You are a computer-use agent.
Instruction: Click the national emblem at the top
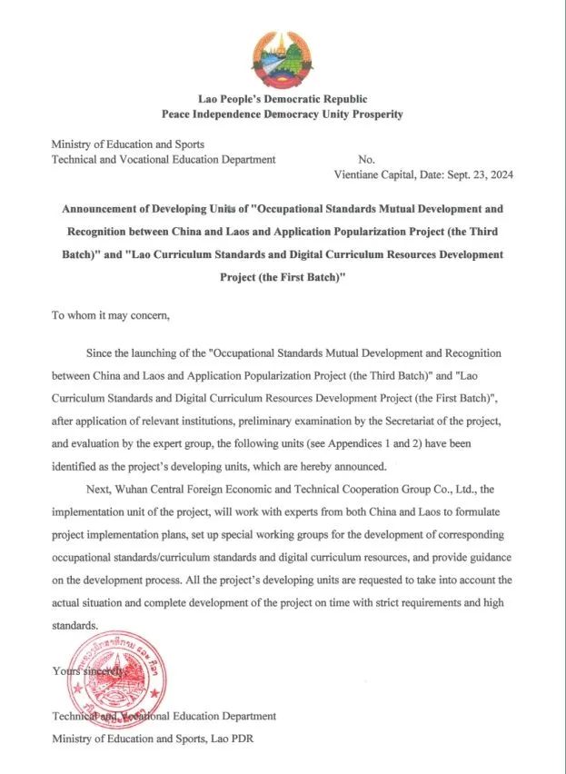[283, 58]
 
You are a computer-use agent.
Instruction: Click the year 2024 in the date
[501, 176]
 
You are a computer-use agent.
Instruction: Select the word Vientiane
[359, 176]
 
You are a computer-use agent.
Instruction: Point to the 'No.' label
[367, 159]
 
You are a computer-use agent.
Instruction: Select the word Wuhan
[135, 491]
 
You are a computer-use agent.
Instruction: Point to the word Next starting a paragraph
[97, 491]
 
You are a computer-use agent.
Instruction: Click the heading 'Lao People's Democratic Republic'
[283, 98]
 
